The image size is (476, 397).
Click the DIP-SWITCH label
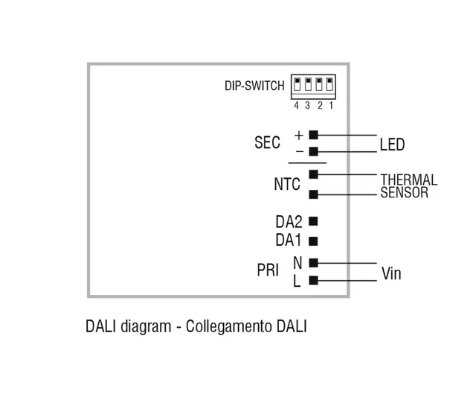point(254,86)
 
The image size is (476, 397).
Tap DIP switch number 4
point(297,85)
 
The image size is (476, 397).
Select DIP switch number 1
point(329,85)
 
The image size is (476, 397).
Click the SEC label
point(267,143)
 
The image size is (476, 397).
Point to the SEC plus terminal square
point(313,135)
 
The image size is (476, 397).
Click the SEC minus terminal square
point(313,151)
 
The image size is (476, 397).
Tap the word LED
point(392,144)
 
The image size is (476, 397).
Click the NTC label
point(286,184)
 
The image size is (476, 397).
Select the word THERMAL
point(408,180)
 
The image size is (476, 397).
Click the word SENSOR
point(404,194)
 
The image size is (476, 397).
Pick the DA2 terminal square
point(313,221)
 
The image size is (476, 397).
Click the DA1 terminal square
point(313,241)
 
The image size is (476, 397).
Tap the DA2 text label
point(289,221)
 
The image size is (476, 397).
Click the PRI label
point(268,271)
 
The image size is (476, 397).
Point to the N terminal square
point(313,262)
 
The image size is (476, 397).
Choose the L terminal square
point(313,281)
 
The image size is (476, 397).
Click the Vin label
point(391,273)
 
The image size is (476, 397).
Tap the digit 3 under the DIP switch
point(307,105)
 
